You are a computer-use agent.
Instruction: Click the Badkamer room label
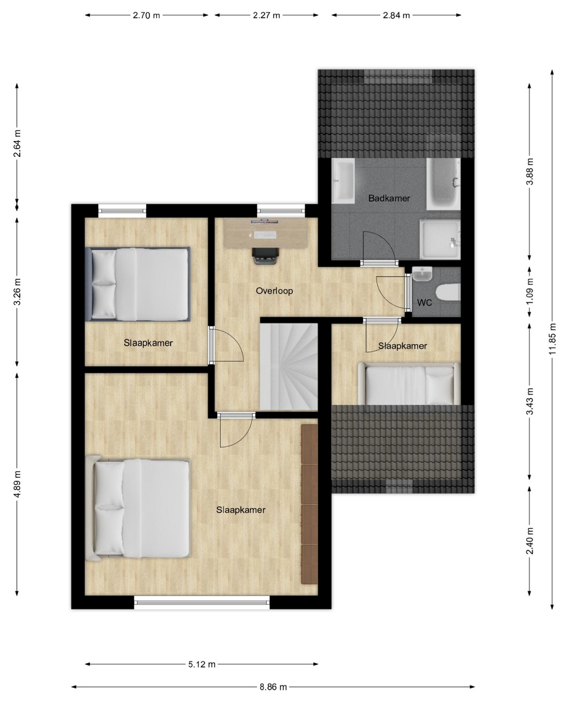(x=389, y=199)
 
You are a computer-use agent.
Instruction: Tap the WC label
(x=424, y=303)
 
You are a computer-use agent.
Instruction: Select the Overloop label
(x=275, y=291)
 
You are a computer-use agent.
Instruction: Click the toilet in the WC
(x=448, y=292)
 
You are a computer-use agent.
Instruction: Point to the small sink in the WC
(x=422, y=274)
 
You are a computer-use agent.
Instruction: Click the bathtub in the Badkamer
(x=443, y=184)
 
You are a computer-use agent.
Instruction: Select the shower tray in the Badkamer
(x=440, y=240)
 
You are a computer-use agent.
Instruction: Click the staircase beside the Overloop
(x=289, y=367)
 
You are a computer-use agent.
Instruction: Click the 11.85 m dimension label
(x=552, y=339)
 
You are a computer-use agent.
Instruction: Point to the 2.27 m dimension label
(x=266, y=15)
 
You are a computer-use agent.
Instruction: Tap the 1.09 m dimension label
(x=530, y=292)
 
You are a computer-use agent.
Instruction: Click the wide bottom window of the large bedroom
(x=202, y=602)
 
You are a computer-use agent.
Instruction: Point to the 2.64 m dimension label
(x=18, y=144)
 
